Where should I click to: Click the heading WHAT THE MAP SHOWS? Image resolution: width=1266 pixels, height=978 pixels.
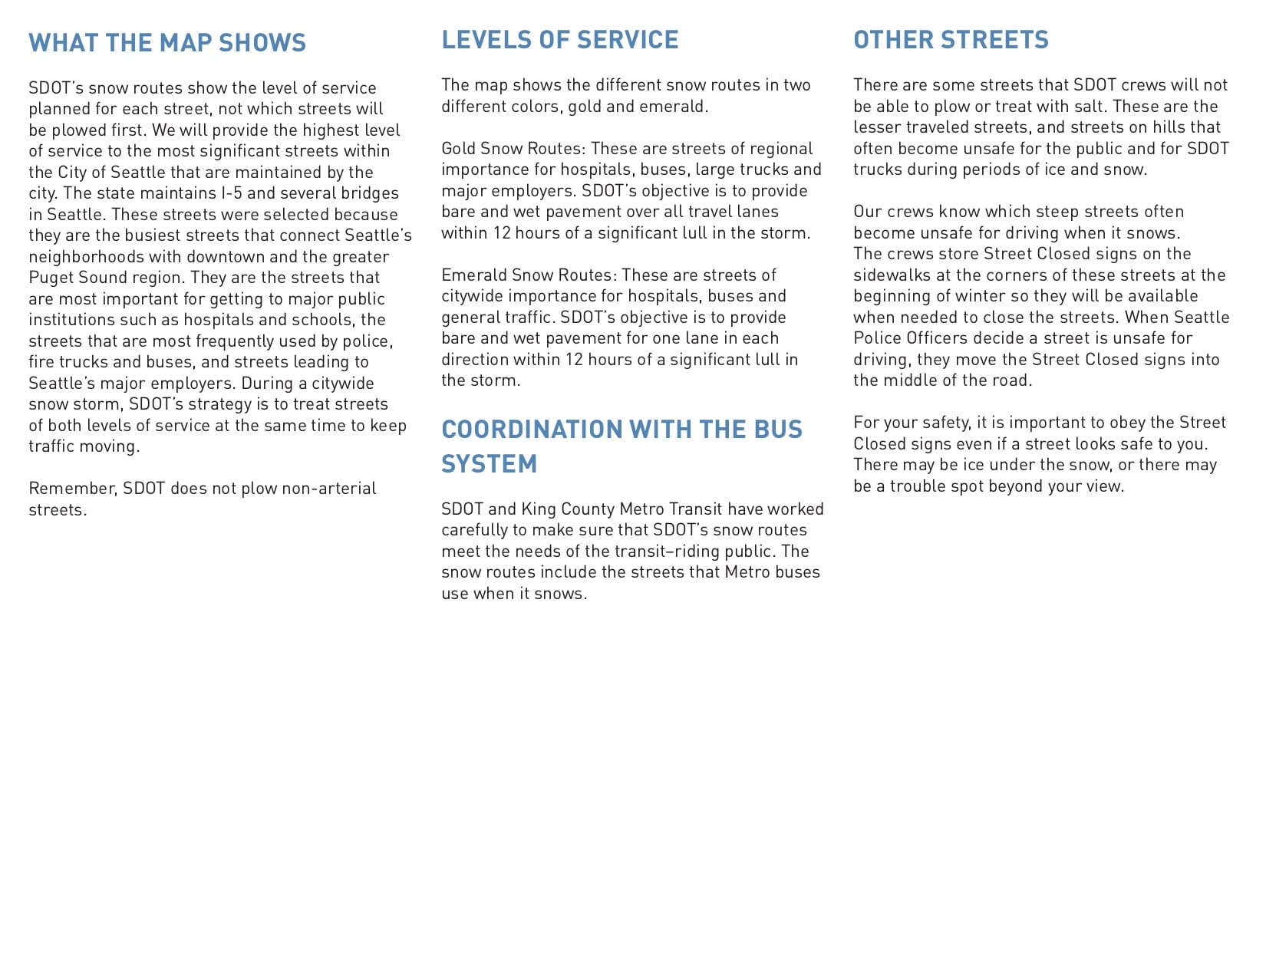click(x=167, y=43)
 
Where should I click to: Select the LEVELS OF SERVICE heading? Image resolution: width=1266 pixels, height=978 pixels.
click(x=559, y=40)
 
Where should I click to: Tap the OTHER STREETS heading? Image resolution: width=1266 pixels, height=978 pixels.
click(x=951, y=40)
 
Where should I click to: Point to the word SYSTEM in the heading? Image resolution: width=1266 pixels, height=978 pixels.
click(x=489, y=464)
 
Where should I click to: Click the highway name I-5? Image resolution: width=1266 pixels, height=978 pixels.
click(x=231, y=193)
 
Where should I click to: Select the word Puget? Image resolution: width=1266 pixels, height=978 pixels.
click(x=51, y=278)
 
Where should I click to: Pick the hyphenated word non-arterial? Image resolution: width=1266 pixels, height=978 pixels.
click(x=328, y=489)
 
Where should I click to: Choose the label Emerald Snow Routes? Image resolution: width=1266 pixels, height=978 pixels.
click(x=528, y=275)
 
